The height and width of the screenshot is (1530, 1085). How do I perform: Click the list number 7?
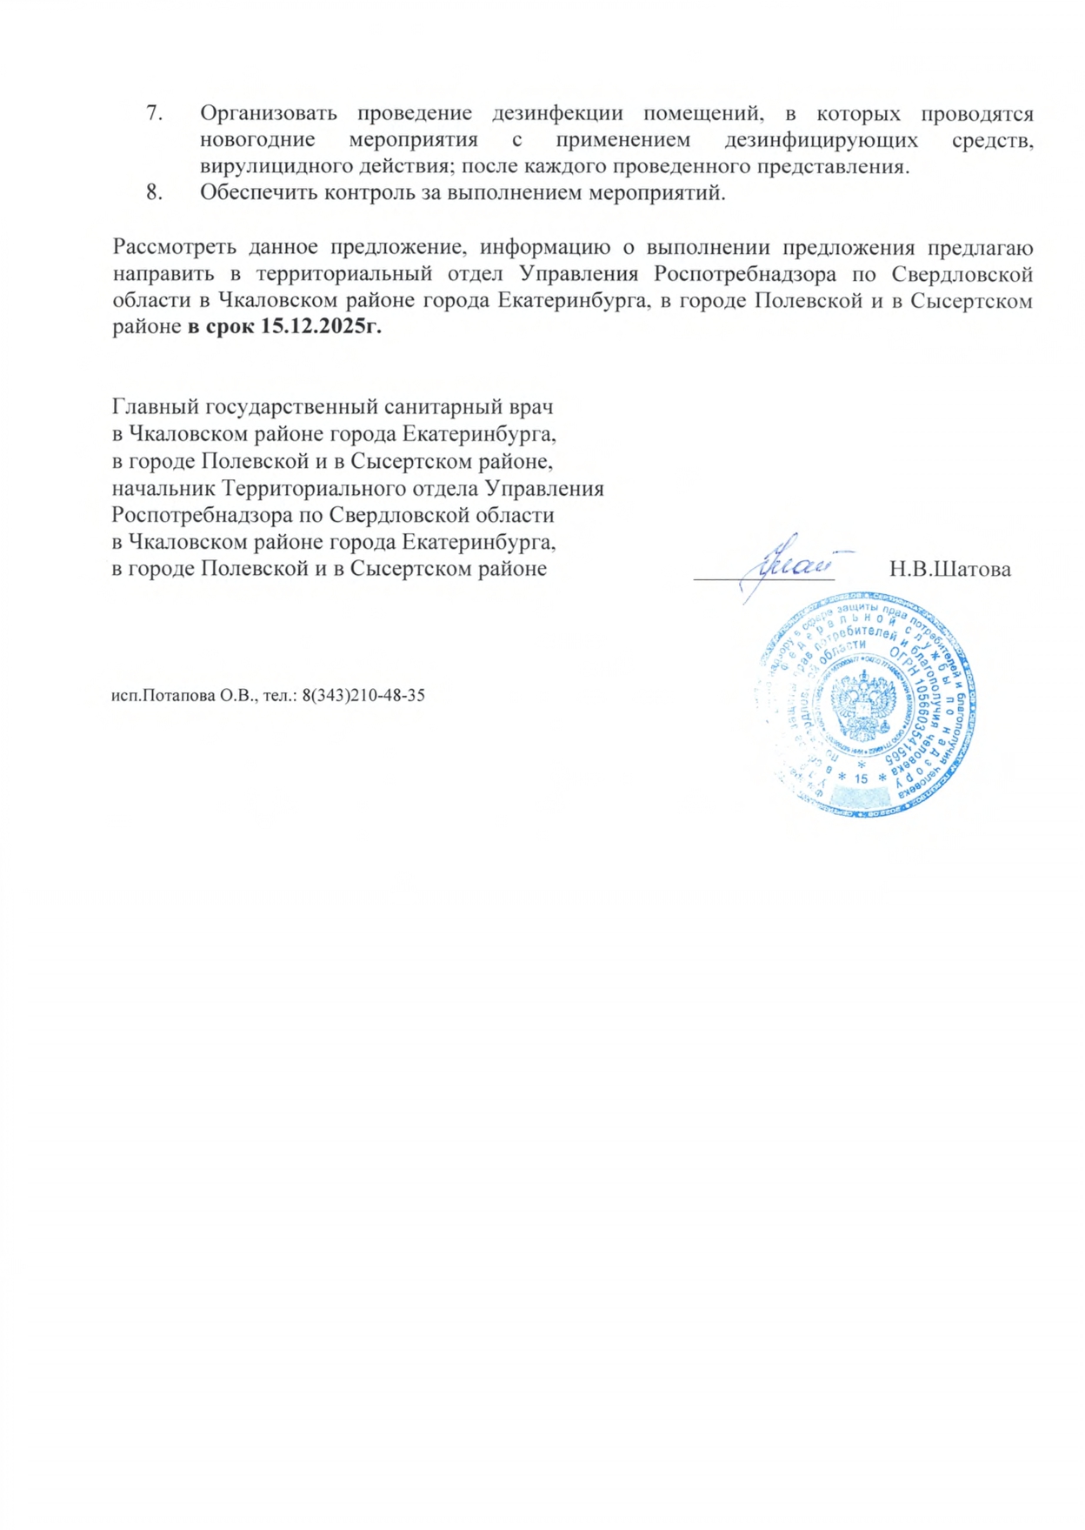155,114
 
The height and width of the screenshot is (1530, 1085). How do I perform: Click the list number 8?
155,193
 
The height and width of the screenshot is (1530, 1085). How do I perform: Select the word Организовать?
269,114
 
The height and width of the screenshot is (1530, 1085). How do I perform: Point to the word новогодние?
257,140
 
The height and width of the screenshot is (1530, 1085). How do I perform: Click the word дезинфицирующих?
821,140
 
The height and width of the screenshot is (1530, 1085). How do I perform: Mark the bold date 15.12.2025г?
322,328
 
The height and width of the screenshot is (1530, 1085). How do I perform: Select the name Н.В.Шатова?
949,570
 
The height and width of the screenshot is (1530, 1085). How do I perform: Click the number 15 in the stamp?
861,778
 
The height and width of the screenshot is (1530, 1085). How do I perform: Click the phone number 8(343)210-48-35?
363,695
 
